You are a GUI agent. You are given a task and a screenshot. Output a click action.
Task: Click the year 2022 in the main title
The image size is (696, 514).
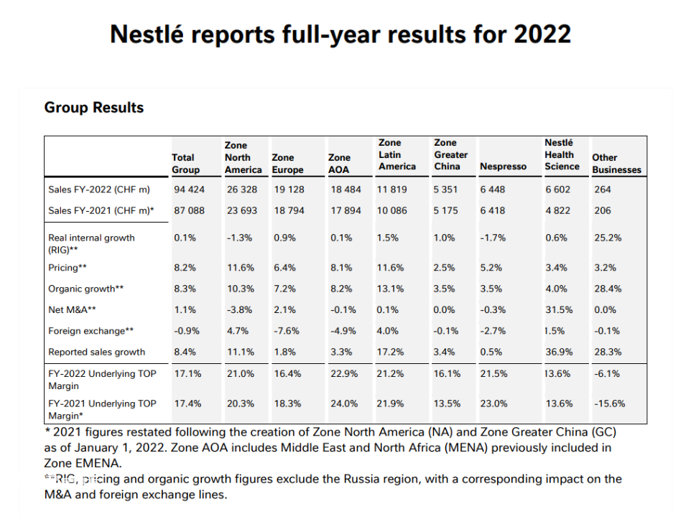pyautogui.click(x=542, y=34)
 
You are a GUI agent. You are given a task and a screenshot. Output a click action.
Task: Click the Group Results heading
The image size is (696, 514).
pyautogui.click(x=94, y=108)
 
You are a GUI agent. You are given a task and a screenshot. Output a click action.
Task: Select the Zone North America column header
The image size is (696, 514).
pyautogui.click(x=243, y=157)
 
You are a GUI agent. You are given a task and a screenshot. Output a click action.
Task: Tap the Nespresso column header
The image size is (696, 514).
pyautogui.click(x=503, y=167)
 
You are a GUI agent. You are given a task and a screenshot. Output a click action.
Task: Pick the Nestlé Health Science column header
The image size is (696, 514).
pyautogui.click(x=562, y=154)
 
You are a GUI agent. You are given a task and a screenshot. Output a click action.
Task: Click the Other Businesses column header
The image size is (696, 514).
pyautogui.click(x=616, y=164)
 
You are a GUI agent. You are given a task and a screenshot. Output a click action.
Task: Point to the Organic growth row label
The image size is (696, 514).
pyautogui.click(x=85, y=289)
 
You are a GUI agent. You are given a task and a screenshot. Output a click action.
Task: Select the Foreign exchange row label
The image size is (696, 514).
pyautogui.click(x=91, y=331)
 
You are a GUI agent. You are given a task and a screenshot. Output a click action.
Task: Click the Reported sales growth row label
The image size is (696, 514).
pyautogui.click(x=97, y=352)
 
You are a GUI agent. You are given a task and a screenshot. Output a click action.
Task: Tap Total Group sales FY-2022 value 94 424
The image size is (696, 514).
pyautogui.click(x=189, y=190)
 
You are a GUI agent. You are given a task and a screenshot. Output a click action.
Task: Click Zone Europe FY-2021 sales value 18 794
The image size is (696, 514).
pyautogui.click(x=289, y=210)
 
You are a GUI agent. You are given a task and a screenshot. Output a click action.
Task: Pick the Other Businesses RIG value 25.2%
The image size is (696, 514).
pyautogui.click(x=608, y=238)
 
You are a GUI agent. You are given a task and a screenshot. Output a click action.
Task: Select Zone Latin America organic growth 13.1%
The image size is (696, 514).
pyautogui.click(x=390, y=289)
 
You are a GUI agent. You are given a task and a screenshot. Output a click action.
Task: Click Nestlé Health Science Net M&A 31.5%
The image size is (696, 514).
pyautogui.click(x=559, y=309)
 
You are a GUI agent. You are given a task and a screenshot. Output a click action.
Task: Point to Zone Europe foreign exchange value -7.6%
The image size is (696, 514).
pyautogui.click(x=287, y=331)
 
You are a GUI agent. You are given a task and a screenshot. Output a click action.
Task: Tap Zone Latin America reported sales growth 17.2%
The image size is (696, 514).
pyautogui.click(x=390, y=352)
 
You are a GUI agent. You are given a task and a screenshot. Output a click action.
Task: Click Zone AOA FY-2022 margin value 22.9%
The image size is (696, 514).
pyautogui.click(x=344, y=374)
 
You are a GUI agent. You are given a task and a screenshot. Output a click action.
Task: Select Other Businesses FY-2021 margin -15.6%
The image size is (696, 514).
pyautogui.click(x=609, y=403)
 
